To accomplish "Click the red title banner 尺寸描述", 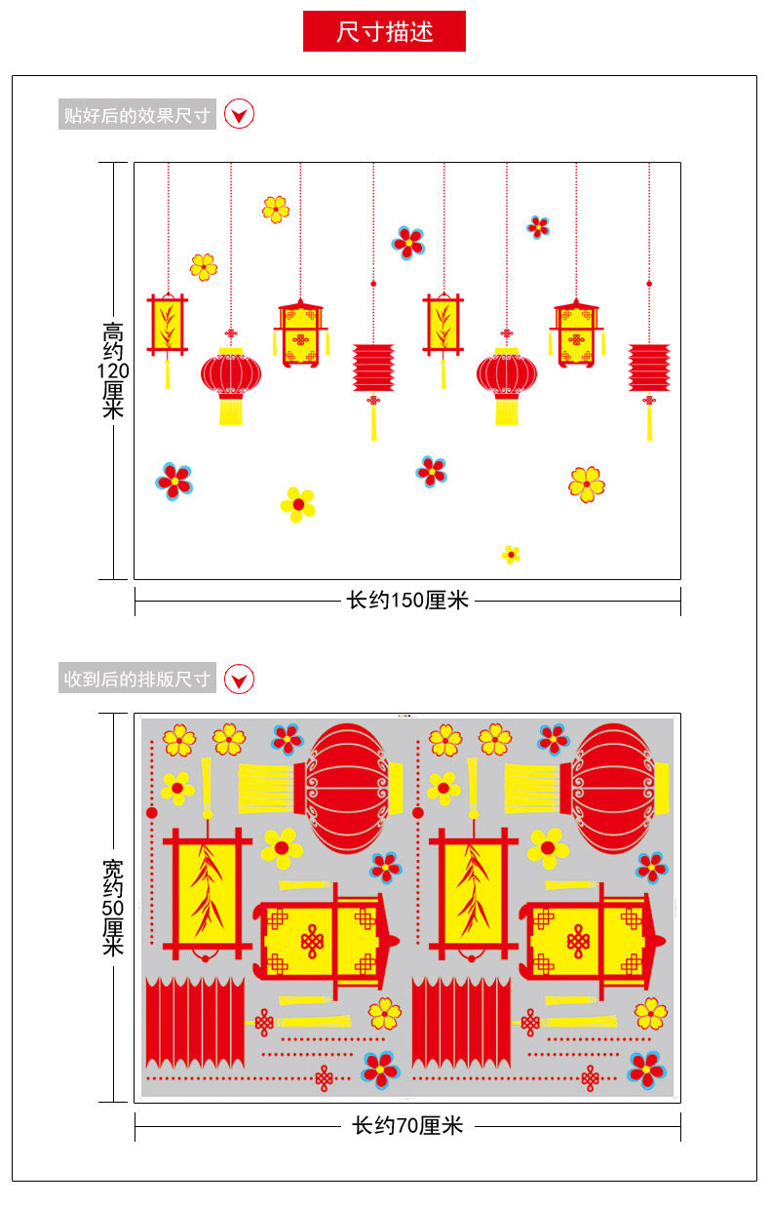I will point(384,31).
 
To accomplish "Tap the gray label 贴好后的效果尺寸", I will point(136,115).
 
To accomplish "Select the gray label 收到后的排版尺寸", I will point(136,679).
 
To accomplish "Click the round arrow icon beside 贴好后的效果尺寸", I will point(240,115).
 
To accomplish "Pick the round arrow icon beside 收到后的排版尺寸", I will point(240,679).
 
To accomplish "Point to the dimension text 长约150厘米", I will point(407,601).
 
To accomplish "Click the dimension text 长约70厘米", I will point(407,1126).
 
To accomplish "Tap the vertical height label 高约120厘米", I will point(113,370).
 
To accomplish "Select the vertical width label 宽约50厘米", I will point(113,907).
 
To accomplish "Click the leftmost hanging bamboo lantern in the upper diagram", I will point(168,326).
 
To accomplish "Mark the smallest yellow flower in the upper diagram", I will point(511,555).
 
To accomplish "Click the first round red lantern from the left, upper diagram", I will point(231,373).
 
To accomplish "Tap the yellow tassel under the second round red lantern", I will point(507,410).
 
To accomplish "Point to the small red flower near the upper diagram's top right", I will point(538,227).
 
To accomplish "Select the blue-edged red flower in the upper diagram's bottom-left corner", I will point(174,481).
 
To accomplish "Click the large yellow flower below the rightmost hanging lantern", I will point(587,484).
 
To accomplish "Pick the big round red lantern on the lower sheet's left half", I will point(353,788).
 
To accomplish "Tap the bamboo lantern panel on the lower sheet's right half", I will point(474,893).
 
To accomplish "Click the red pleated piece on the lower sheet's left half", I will point(195,1022).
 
